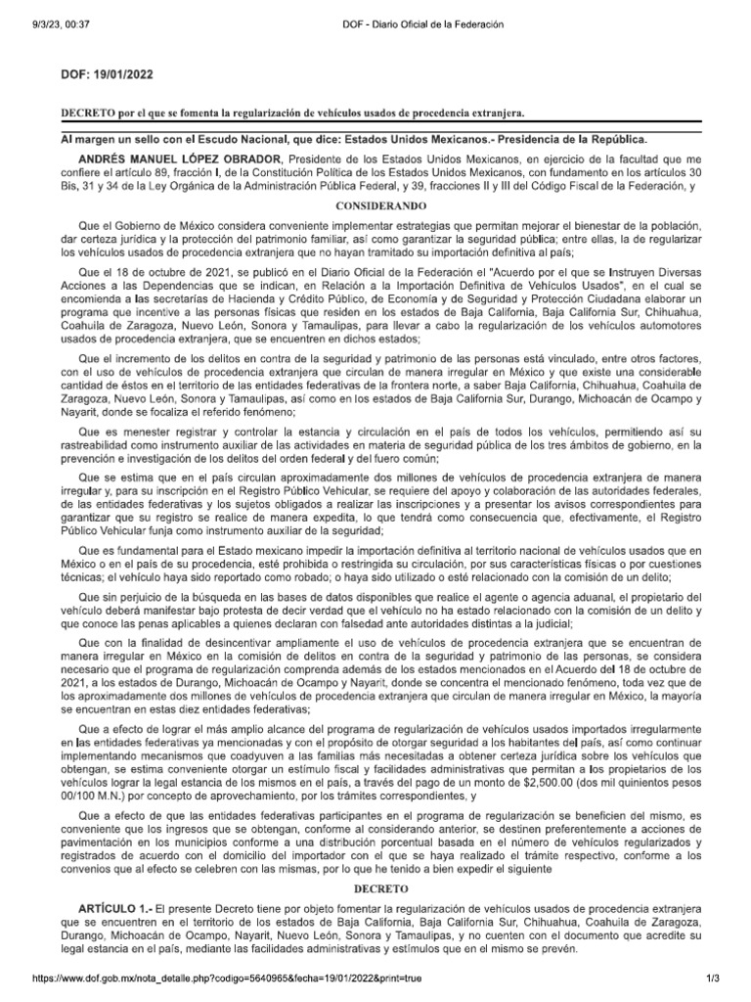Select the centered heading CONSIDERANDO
375,207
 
